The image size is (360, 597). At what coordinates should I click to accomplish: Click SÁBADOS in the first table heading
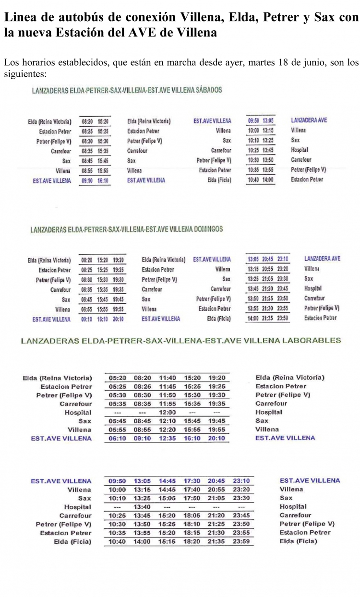[x=209, y=90]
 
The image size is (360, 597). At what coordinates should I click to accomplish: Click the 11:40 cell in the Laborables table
[x=168, y=378]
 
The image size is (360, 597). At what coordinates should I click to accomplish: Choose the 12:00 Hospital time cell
[x=168, y=413]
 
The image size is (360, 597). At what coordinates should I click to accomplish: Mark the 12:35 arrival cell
[x=168, y=439]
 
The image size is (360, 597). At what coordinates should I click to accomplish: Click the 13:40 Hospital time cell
[x=142, y=507]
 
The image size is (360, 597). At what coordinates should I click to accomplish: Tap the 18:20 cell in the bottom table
[x=192, y=542]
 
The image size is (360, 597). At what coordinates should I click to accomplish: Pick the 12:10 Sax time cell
[x=168, y=421]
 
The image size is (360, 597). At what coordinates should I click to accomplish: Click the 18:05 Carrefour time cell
[x=192, y=516]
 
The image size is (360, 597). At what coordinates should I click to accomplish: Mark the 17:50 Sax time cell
[x=192, y=499]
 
